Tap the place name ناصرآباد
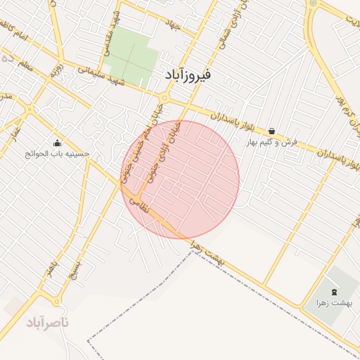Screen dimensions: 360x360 [48, 323]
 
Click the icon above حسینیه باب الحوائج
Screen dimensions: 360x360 [57, 142]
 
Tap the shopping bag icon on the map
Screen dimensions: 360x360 [271, 131]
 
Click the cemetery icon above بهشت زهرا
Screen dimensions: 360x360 [333, 291]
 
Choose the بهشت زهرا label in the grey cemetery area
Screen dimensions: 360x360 [333, 302]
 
